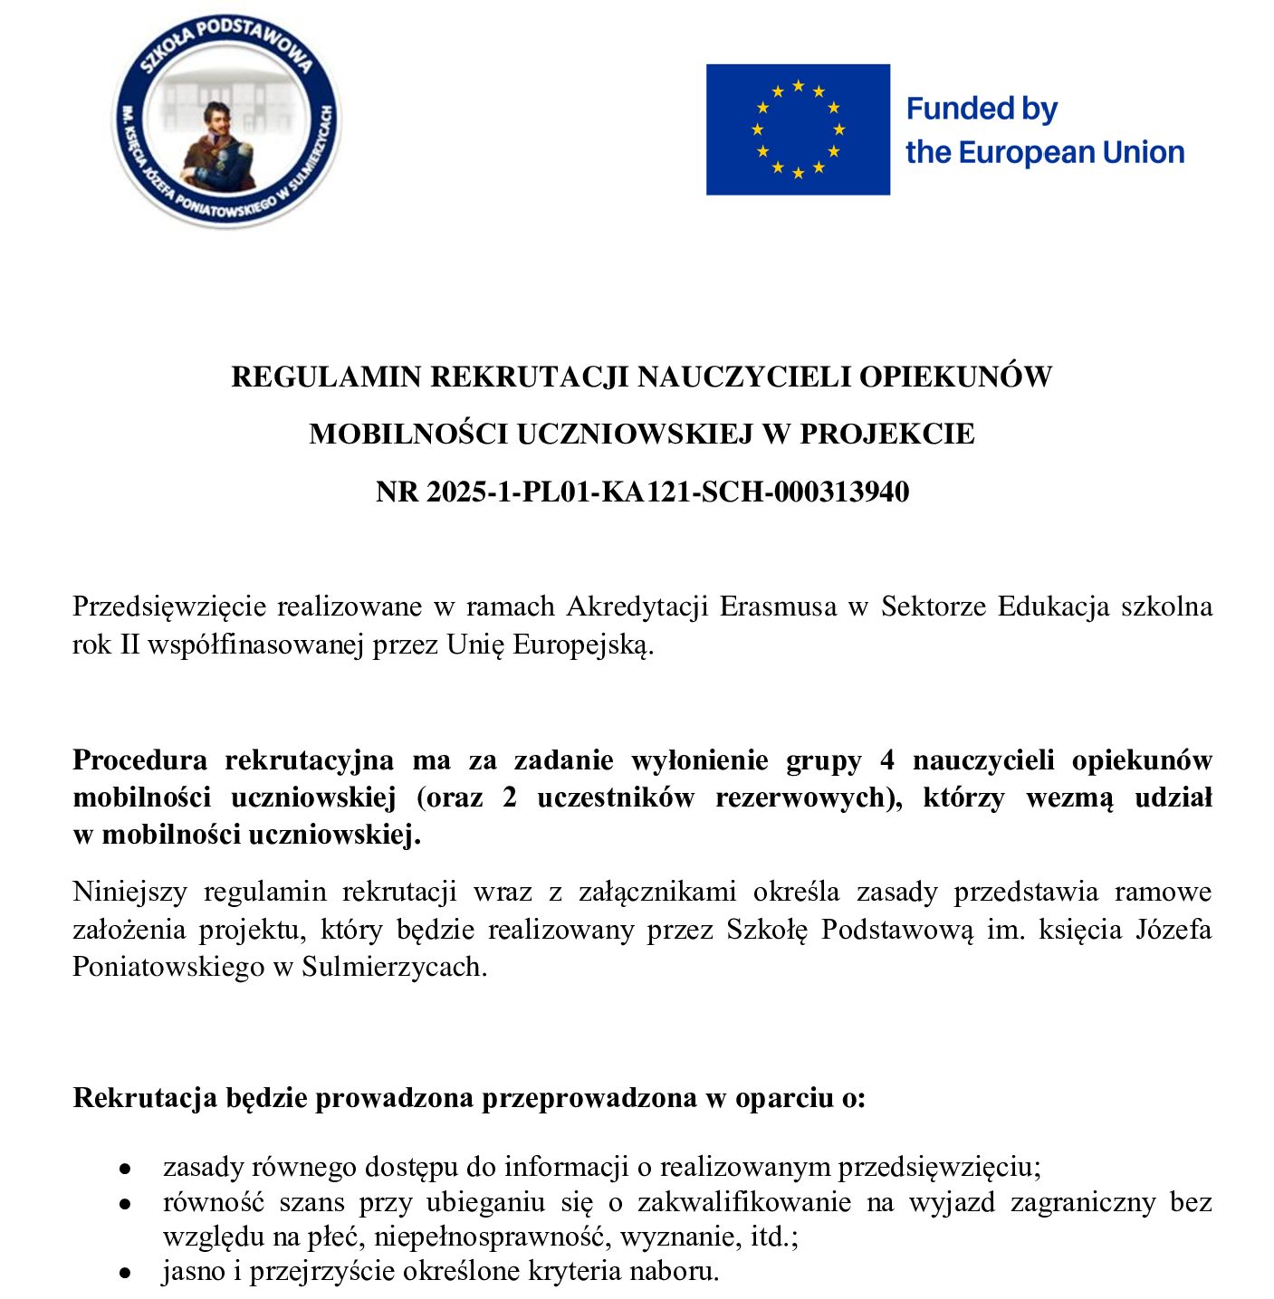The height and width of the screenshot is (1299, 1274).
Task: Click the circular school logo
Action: (x=226, y=120)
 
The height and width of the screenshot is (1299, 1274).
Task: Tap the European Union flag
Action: (x=798, y=129)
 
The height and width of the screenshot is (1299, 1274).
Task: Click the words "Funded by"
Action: (x=982, y=109)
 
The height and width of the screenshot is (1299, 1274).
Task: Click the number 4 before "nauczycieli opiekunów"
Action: (x=886, y=759)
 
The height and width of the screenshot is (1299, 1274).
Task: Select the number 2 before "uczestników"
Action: (x=510, y=798)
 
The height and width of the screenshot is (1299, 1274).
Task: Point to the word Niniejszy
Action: (x=129, y=892)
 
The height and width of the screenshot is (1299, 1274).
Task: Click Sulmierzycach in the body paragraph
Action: (x=394, y=967)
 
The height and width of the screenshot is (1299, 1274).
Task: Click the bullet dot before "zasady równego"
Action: (x=126, y=1169)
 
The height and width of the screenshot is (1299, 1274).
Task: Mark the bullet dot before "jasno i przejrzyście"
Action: (x=126, y=1273)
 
